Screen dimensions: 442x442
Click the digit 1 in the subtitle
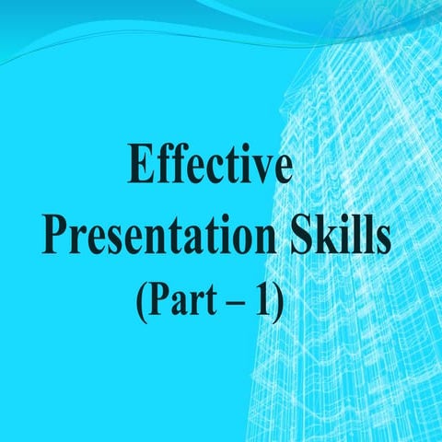pos(266,298)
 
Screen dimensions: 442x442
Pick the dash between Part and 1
pos(240,302)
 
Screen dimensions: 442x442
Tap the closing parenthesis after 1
pos(280,300)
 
